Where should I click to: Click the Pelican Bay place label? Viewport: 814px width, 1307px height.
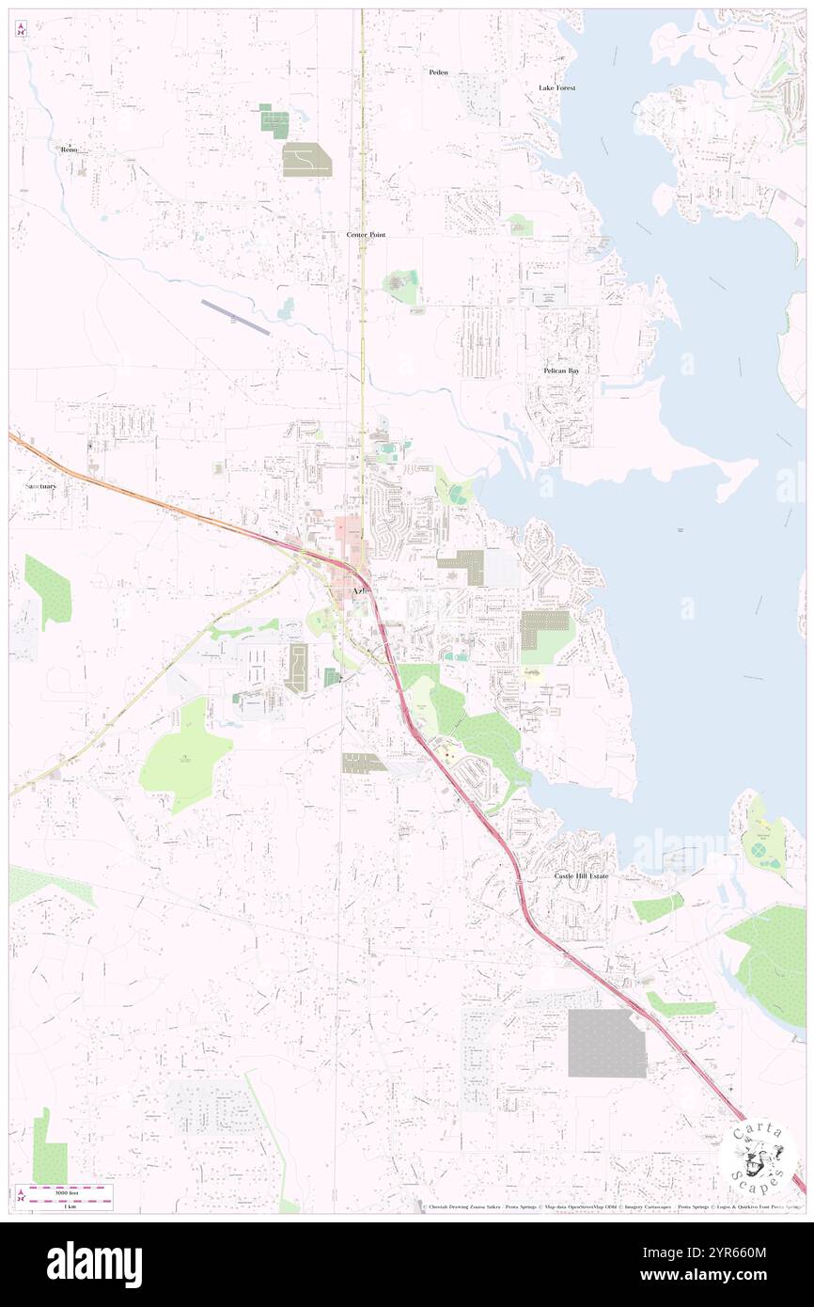tap(561, 370)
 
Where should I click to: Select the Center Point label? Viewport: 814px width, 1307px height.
tap(366, 234)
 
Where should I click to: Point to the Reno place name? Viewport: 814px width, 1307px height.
tap(68, 150)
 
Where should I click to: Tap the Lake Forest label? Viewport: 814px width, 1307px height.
tap(556, 87)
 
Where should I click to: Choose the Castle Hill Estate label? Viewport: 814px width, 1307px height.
tap(580, 875)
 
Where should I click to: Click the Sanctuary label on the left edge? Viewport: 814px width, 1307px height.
tap(40, 486)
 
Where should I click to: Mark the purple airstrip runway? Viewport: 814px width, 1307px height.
tap(236, 317)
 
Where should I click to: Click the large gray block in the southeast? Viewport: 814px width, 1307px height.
tap(606, 1043)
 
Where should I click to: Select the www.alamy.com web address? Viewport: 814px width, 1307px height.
tap(718, 1276)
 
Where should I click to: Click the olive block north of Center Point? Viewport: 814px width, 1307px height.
tap(306, 160)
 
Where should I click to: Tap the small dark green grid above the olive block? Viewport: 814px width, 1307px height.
tap(274, 122)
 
